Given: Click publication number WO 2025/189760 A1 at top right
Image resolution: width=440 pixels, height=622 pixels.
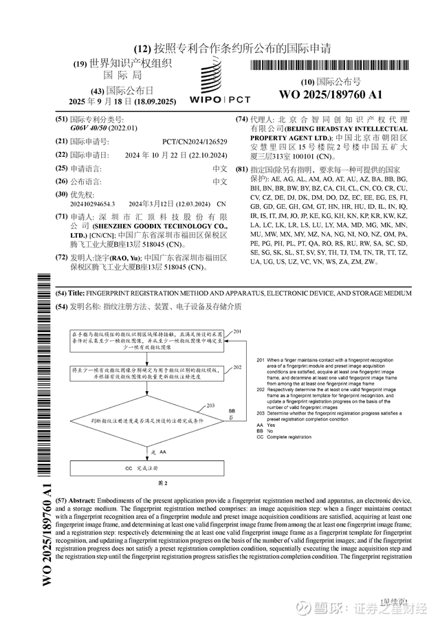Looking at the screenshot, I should point(331,94).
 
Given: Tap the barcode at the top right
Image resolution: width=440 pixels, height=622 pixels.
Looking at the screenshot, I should point(329,66).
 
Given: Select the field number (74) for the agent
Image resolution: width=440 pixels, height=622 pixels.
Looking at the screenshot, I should point(241,119).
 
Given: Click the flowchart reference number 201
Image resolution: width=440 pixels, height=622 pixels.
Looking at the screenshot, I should point(237,332).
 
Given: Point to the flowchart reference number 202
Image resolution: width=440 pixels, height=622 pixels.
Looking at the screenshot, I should point(237,368).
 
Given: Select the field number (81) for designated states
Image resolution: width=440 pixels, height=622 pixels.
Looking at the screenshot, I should point(241,169).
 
